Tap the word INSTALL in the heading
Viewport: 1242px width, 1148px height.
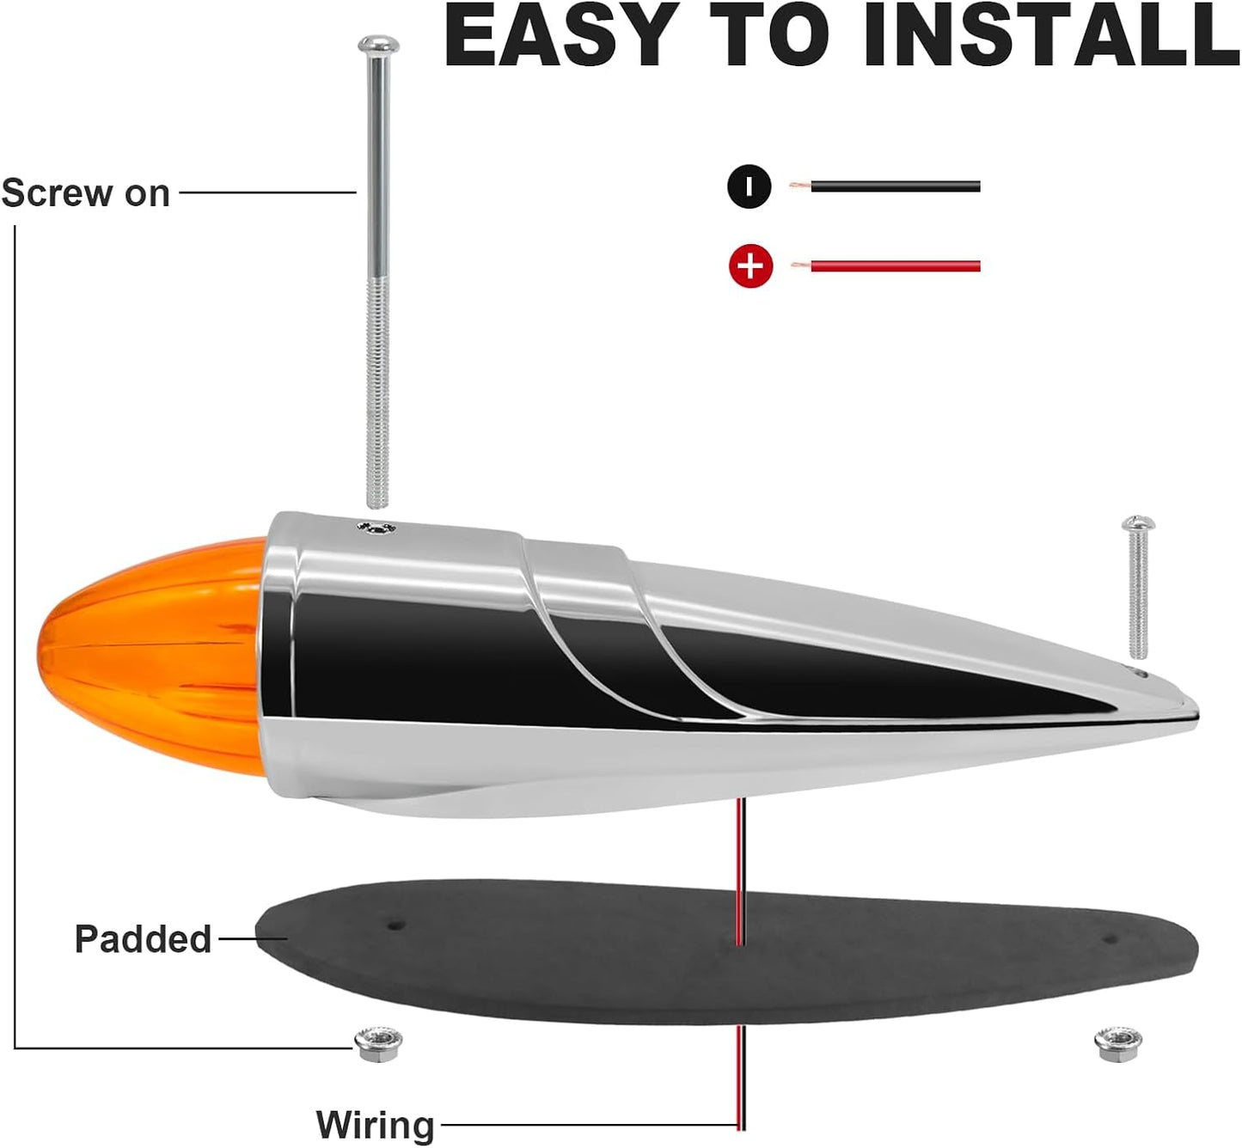[1050, 36]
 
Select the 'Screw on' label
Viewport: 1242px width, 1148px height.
[86, 193]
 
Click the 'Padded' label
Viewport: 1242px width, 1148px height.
[144, 939]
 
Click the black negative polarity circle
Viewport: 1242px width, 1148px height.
[749, 186]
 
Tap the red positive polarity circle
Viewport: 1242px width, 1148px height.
[750, 266]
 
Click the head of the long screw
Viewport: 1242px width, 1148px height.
[378, 45]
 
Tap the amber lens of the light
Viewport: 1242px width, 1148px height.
[150, 656]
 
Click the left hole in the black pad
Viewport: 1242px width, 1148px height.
[395, 925]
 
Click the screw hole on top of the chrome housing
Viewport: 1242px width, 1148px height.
[377, 528]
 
